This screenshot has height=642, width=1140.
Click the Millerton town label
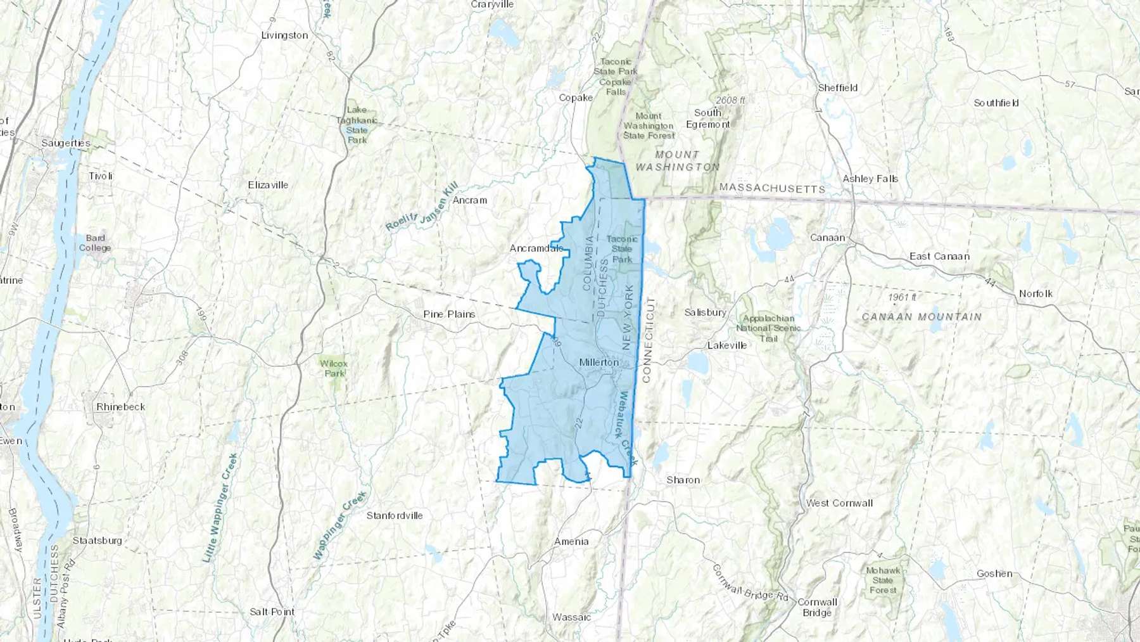pyautogui.click(x=598, y=363)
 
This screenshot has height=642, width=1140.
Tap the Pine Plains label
pyautogui.click(x=449, y=314)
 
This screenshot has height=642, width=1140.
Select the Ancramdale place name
pyautogui.click(x=536, y=248)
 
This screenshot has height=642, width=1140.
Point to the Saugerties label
pyautogui.click(x=66, y=143)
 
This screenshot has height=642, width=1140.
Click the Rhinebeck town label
pyautogui.click(x=120, y=407)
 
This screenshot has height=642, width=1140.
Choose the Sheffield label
pyautogui.click(x=837, y=88)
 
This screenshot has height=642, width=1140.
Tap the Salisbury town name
pyautogui.click(x=705, y=312)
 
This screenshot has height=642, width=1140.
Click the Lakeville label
pyautogui.click(x=726, y=345)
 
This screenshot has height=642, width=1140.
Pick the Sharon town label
pyautogui.click(x=683, y=480)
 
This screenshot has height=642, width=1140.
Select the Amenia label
pyautogui.click(x=571, y=542)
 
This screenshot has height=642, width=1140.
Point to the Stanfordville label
pyautogui.click(x=394, y=516)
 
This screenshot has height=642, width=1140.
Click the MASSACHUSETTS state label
pyautogui.click(x=772, y=188)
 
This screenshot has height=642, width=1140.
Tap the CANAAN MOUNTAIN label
pyautogui.click(x=921, y=317)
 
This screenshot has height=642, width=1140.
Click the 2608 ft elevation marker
pyautogui.click(x=730, y=101)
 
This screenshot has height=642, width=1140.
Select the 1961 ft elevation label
pyautogui.click(x=902, y=297)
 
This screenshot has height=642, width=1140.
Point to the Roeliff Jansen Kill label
pyautogui.click(x=421, y=207)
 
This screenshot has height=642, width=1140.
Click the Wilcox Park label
pyautogui.click(x=333, y=368)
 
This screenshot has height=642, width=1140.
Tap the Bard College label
pyautogui.click(x=95, y=243)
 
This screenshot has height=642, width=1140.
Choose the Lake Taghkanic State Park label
pyautogui.click(x=357, y=125)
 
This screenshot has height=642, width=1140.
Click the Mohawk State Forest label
pyautogui.click(x=883, y=580)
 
